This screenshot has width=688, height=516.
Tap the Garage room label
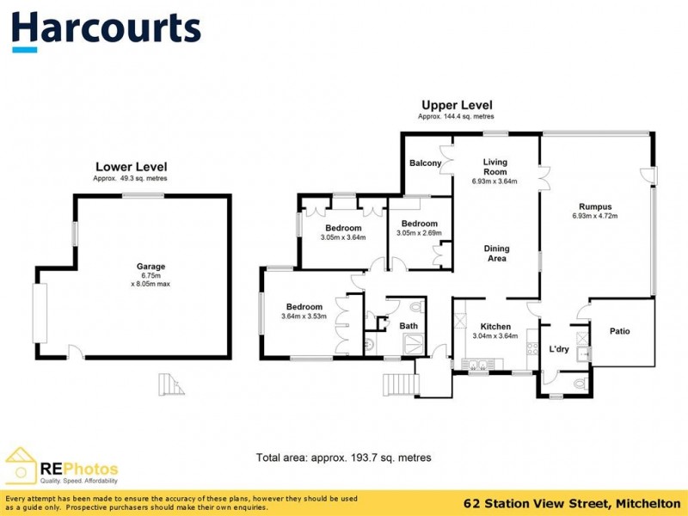(x=150, y=267)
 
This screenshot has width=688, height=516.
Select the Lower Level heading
(x=131, y=167)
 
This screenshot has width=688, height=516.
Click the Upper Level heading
(x=456, y=105)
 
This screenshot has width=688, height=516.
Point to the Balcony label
(x=425, y=163)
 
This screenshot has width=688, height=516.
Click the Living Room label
(x=494, y=167)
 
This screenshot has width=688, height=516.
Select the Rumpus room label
(x=594, y=206)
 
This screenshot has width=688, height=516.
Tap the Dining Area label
(x=496, y=254)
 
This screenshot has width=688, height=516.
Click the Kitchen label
(x=495, y=327)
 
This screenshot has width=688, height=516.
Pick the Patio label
(x=620, y=331)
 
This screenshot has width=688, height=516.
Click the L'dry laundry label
(x=560, y=349)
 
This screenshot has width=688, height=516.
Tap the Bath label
(x=408, y=326)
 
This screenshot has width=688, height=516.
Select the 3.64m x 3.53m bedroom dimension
(x=304, y=317)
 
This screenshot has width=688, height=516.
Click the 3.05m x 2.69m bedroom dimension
(x=419, y=232)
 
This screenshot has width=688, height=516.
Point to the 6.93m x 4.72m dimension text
(x=594, y=216)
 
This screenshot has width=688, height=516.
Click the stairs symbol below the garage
(x=172, y=384)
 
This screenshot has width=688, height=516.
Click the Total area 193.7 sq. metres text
(x=343, y=458)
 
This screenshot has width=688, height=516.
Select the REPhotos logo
(x=60, y=469)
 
